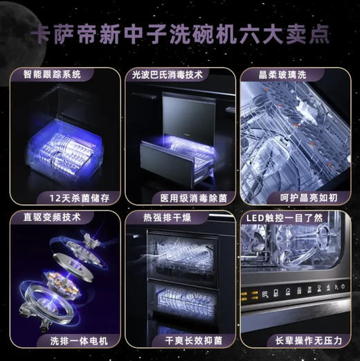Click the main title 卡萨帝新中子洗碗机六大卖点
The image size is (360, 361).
(180, 34)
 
